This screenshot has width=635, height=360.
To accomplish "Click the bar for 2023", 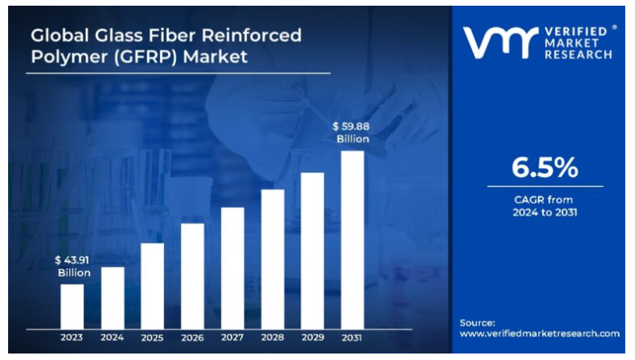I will click(x=72, y=306).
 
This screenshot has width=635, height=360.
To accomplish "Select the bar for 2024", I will click(x=112, y=297).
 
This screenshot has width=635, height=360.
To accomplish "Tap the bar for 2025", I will click(x=152, y=285).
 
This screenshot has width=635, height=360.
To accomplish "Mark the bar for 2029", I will click(x=313, y=250).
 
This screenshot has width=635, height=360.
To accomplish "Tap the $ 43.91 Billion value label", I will click(x=73, y=266).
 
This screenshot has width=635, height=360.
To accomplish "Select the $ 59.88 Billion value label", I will click(x=352, y=132).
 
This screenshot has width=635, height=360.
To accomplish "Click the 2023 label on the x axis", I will click(x=72, y=337).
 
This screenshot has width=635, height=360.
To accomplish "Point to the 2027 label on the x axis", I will click(x=232, y=337).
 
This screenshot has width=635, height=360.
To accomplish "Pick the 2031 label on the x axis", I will click(x=352, y=337).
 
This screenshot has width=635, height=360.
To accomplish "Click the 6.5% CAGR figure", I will click(x=545, y=167).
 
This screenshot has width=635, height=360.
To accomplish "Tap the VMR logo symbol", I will click(x=499, y=41).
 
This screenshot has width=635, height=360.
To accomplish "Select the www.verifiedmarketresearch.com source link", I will click(x=539, y=333).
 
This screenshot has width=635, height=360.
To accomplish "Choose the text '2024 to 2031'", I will click(x=545, y=212).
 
